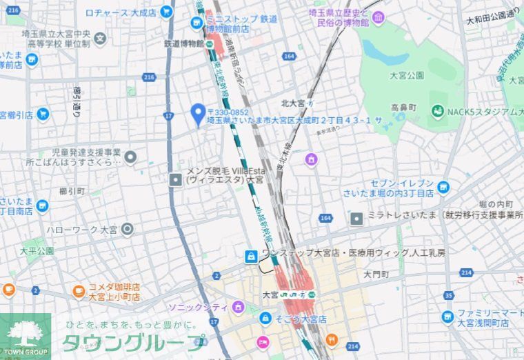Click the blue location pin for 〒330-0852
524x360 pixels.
pyautogui.click(x=198, y=112)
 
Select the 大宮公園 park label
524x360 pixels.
pyautogui.click(x=406, y=74)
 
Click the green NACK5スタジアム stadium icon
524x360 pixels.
pyautogui.click(x=437, y=111)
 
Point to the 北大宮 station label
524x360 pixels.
pyautogui.click(x=292, y=103)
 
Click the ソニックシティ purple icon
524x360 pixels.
pyautogui.click(x=239, y=306)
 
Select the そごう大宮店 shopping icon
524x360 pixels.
pyautogui.click(x=265, y=319)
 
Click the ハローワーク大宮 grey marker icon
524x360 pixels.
pyautogui.click(x=128, y=229)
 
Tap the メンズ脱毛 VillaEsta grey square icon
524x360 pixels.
pyautogui.click(x=176, y=179)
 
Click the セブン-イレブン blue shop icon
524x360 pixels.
pyautogui.click(x=443, y=186)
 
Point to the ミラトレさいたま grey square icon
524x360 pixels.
pyautogui.click(x=356, y=219)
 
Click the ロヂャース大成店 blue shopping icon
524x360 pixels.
pyautogui.click(x=165, y=12)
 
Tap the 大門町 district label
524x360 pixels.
pyautogui.click(x=376, y=274)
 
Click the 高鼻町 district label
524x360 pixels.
pyautogui.click(x=404, y=108)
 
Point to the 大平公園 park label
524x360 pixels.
pyautogui.click(x=37, y=251)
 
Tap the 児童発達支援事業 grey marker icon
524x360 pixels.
pyautogui.click(x=130, y=157)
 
